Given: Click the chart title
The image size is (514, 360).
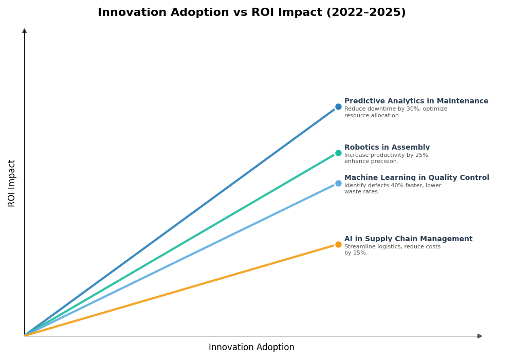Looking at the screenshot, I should click(x=251, y=13).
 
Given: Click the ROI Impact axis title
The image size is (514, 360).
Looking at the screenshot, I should click(x=12, y=183).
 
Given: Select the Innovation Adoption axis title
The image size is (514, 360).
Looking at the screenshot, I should click(x=251, y=348).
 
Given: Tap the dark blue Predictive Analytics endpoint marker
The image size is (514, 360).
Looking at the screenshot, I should click(x=338, y=107).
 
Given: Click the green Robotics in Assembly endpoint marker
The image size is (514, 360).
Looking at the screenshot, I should click(x=338, y=153).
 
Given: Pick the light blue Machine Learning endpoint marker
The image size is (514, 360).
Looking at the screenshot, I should click(x=338, y=184).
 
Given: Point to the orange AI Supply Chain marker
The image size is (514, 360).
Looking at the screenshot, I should click(x=338, y=245).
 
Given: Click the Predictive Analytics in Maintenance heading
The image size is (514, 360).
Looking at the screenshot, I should click(x=416, y=101).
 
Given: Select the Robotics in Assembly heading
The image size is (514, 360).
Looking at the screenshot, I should click(x=387, y=148).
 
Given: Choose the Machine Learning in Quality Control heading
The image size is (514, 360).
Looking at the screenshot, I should click(x=416, y=178).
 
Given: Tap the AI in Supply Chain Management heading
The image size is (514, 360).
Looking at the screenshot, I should click(x=408, y=239).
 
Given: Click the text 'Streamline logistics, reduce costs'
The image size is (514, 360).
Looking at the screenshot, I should click(x=392, y=247).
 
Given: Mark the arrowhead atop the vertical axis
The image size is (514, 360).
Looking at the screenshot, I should click(x=24, y=31).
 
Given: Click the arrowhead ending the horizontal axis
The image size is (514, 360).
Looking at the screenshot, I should click(x=480, y=336).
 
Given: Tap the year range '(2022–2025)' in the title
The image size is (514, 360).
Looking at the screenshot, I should click(x=366, y=13).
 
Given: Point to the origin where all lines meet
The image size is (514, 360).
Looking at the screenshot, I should click(x=25, y=335).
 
